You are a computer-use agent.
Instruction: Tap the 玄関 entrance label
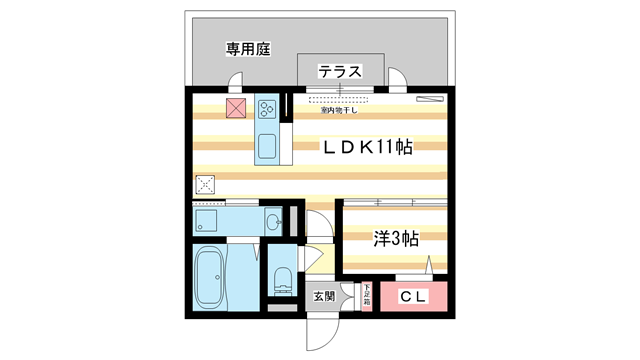(324, 296)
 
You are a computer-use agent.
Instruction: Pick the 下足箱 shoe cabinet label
(366, 296)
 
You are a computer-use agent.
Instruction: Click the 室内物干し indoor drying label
(340, 111)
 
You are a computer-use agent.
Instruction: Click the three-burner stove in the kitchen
(267, 105)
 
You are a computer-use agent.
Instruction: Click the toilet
(280, 281)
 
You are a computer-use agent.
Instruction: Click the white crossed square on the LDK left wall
(205, 184)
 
